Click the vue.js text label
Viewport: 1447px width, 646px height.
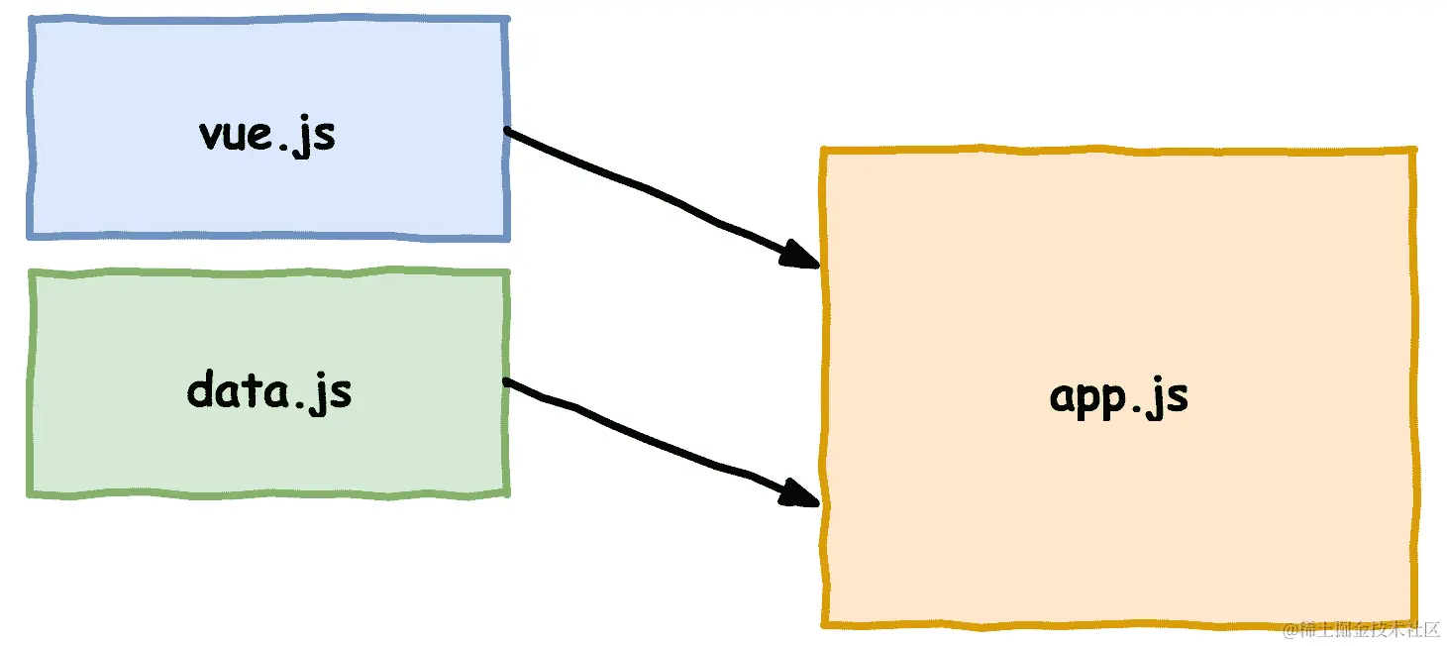click(x=267, y=134)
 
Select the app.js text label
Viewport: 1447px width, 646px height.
click(x=1118, y=396)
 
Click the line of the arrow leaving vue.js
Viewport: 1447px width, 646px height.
click(x=644, y=188)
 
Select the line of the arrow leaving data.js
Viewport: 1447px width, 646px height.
click(x=644, y=436)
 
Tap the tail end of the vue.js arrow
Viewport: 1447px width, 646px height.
click(x=508, y=131)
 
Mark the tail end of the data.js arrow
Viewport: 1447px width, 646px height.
click(x=508, y=381)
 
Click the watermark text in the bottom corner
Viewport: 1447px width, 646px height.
click(x=1361, y=630)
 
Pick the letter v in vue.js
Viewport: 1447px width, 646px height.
click(x=212, y=136)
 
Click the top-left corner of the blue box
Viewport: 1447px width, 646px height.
click(x=31, y=20)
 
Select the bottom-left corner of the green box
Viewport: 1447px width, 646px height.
click(x=31, y=492)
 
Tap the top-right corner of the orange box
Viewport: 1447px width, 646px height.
click(x=1413, y=151)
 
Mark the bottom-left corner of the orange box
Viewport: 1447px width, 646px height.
click(x=825, y=623)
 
